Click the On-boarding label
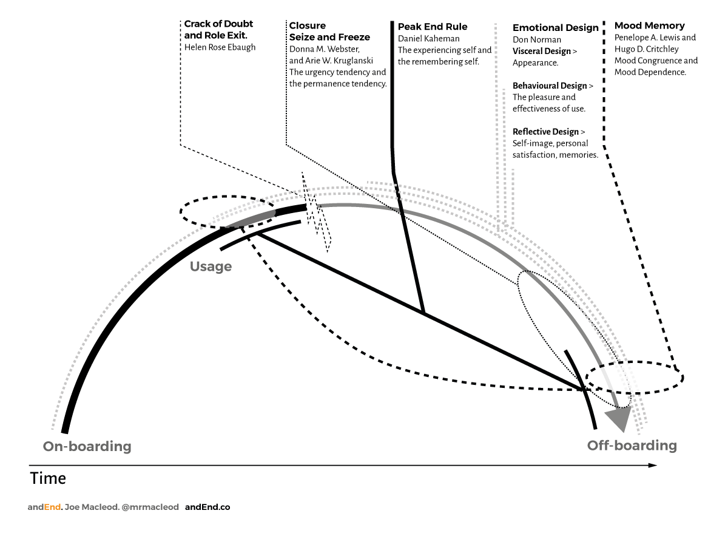pyautogui.click(x=87, y=447)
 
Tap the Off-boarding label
pyautogui.click(x=632, y=446)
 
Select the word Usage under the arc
pyautogui.click(x=211, y=266)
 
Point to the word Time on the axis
pyautogui.click(x=48, y=478)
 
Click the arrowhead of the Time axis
pyautogui.click(x=652, y=466)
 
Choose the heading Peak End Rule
pyautogui.click(x=433, y=27)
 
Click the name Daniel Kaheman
pyautogui.click(x=429, y=38)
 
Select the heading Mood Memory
pyautogui.click(x=650, y=25)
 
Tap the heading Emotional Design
pyautogui.click(x=556, y=28)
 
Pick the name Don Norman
pyautogui.click(x=537, y=40)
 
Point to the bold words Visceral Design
pyautogui.click(x=542, y=51)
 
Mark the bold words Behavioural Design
pyautogui.click(x=550, y=86)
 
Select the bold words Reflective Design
pyautogui.click(x=546, y=132)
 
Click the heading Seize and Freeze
pyautogui.click(x=329, y=37)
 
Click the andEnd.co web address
pyautogui.click(x=207, y=507)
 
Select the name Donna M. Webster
pyautogui.click(x=325, y=49)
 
